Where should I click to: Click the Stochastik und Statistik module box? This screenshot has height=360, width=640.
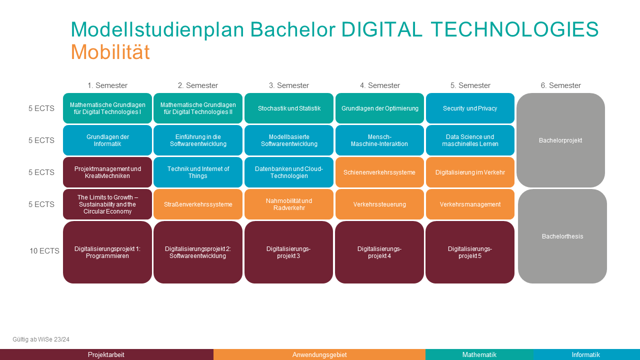coord(289,108)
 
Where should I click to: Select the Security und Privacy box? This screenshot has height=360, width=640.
coord(470,108)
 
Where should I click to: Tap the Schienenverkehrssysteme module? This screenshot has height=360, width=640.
coord(379,172)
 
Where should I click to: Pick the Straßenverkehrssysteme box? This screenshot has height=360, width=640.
coord(198,204)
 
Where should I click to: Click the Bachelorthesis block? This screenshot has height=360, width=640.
coord(562,236)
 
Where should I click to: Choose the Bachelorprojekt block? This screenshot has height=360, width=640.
coord(560,140)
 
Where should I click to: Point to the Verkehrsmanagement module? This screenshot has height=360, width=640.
coord(470,204)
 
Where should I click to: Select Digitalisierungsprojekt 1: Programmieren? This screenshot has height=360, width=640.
coord(107,252)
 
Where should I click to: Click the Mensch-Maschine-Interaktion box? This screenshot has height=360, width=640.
coord(379,140)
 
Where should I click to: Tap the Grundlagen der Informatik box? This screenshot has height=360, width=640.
coord(107,140)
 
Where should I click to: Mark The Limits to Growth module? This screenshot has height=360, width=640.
coord(107,204)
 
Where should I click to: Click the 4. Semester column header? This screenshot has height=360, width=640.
coord(379,85)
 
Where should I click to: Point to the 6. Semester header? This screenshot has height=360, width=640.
coord(560,85)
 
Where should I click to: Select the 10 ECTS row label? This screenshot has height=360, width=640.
coord(44,251)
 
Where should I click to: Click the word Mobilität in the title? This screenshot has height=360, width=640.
coord(110,51)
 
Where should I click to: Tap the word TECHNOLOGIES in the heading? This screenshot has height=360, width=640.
coord(514,29)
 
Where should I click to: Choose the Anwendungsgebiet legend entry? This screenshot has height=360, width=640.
coord(319,354)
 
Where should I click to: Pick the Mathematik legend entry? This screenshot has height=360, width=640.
coord(479,354)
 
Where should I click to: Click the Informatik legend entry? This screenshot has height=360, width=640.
coord(585,354)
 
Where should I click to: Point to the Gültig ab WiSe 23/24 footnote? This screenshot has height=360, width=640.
coord(41,339)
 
